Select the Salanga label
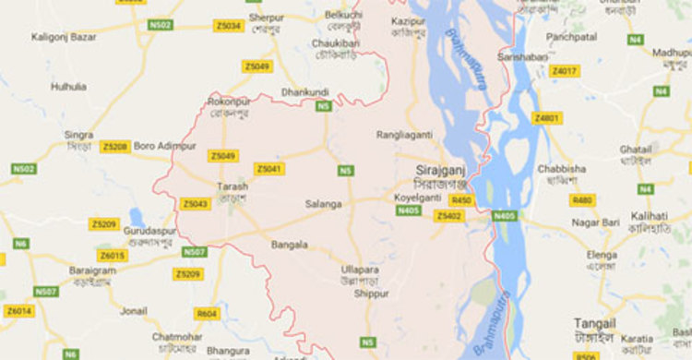pos(323,203)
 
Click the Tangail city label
pos(593,323)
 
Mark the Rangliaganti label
pos(404,135)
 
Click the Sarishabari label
pos(521,56)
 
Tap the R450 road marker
pos(461,199)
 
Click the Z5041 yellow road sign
pos(269,169)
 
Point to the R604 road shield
pos(208,314)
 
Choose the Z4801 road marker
pos(546,118)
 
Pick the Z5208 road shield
pos(114,146)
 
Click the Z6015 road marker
pos(112,256)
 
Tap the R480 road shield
pos(582,199)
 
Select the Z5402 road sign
pos(448,216)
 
